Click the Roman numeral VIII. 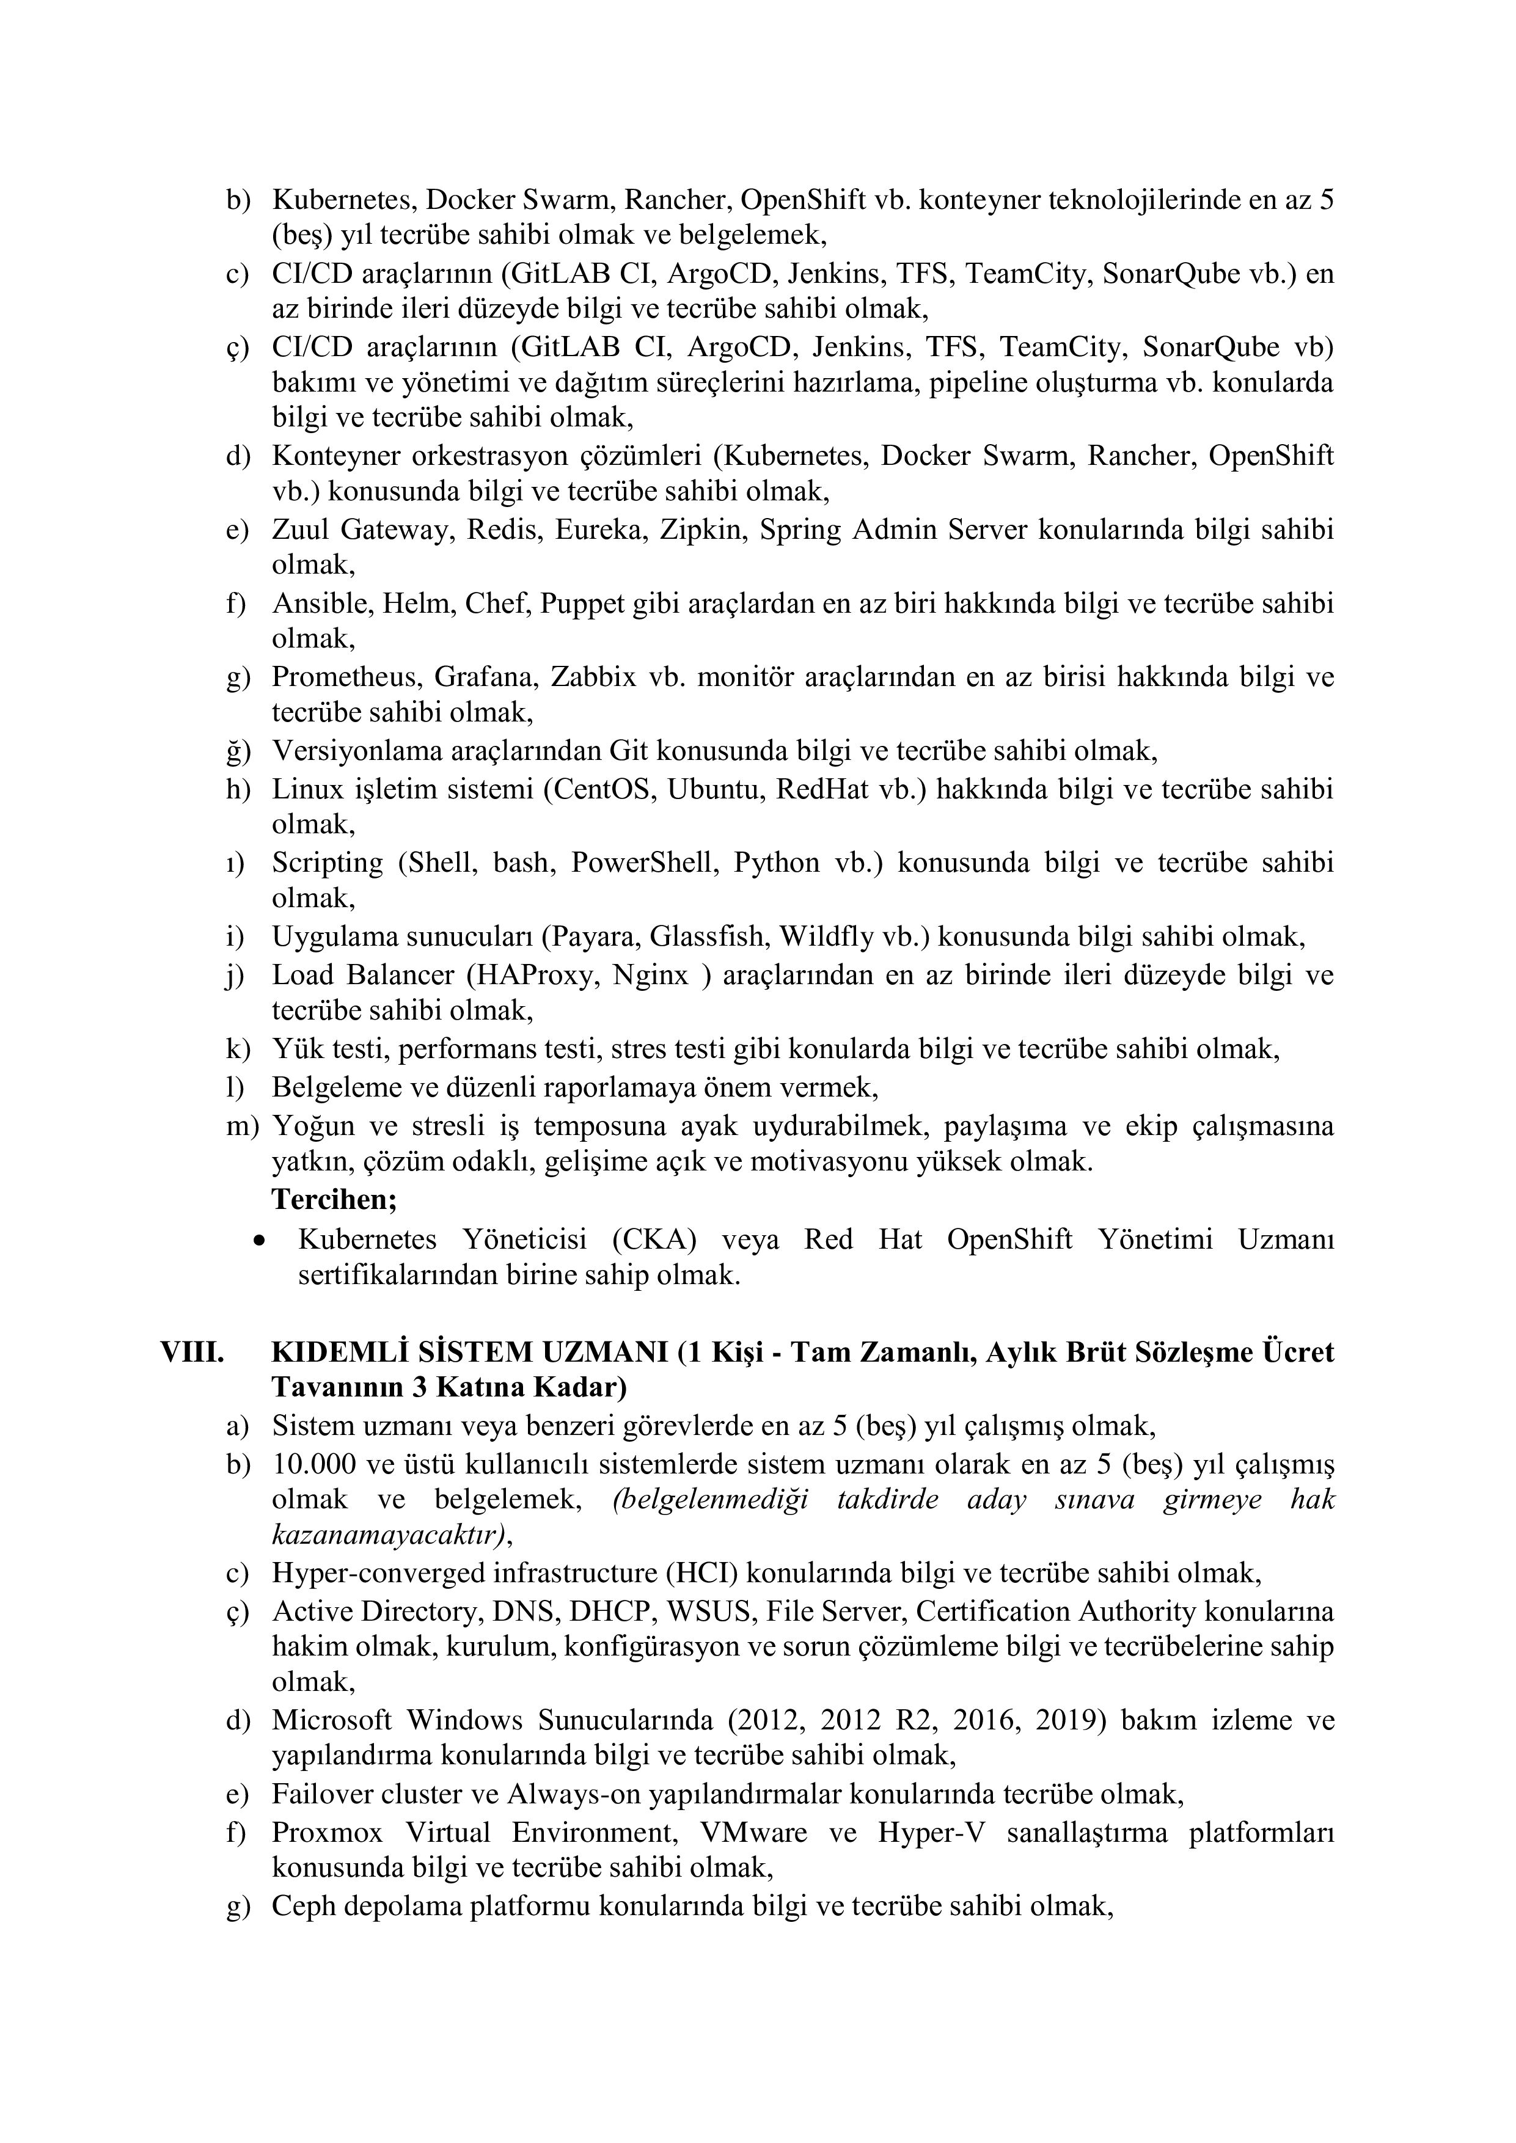pyautogui.click(x=191, y=1353)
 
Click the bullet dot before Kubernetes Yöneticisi pyautogui.click(x=260, y=1241)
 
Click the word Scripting pyautogui.click(x=328, y=863)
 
